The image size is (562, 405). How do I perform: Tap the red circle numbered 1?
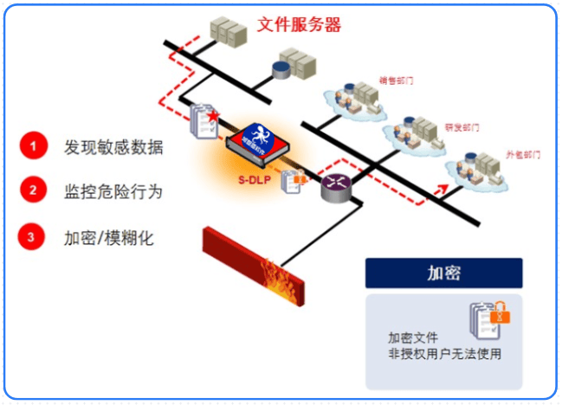click(x=33, y=146)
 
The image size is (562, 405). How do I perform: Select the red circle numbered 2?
click(x=33, y=190)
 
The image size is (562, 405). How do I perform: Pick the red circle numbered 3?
click(x=33, y=235)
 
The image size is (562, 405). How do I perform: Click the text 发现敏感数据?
click(x=113, y=146)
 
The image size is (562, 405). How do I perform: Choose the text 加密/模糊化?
click(x=108, y=236)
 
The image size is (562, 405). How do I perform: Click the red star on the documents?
click(x=212, y=113)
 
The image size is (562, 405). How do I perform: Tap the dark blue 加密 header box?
click(x=443, y=273)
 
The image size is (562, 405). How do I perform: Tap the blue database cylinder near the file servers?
click(x=282, y=68)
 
